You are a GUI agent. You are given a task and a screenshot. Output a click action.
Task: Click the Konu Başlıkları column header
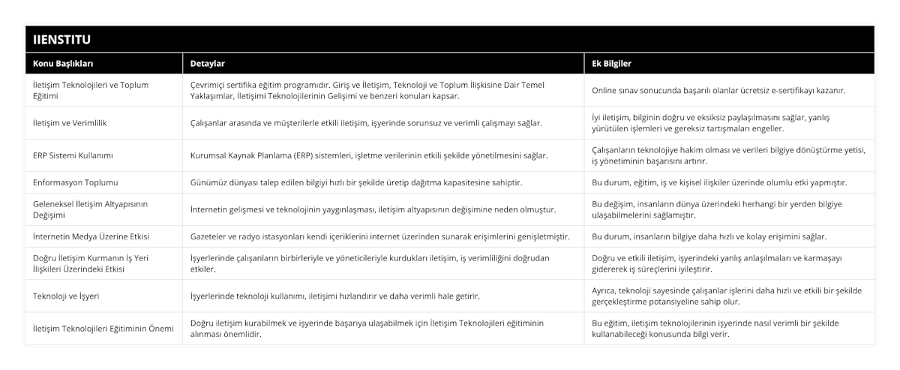coord(64,64)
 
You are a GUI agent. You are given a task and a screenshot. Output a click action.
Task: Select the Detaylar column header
coord(208,64)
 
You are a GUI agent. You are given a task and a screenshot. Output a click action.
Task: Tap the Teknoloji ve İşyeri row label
coord(67,296)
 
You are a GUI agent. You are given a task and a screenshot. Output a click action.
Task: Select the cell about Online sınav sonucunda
coord(718,90)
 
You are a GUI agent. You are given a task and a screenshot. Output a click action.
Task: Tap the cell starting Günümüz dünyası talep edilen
coord(356,182)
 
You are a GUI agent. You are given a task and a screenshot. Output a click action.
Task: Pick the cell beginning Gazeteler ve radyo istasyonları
coord(379,236)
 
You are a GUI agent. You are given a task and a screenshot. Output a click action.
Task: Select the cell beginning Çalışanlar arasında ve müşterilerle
coord(367,122)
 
